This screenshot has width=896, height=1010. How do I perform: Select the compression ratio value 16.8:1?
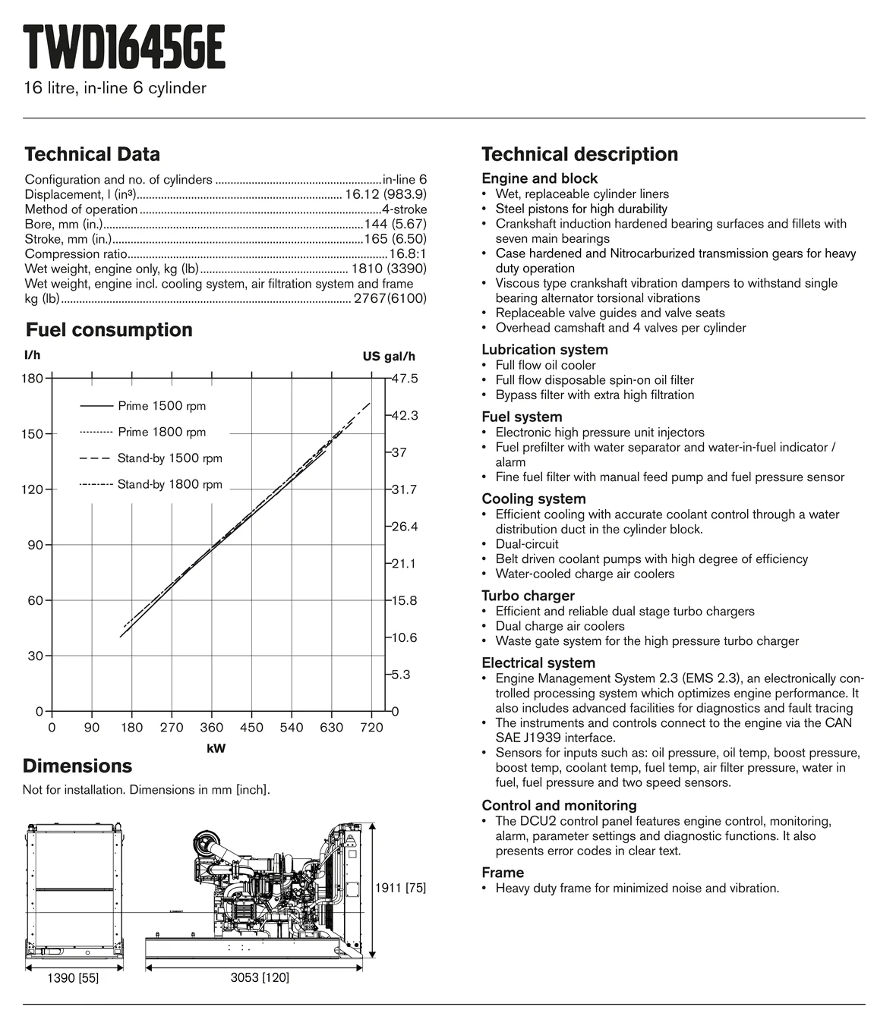point(408,254)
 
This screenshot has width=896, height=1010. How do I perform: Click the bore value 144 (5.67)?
point(396,224)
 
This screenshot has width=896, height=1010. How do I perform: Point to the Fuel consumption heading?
point(109,330)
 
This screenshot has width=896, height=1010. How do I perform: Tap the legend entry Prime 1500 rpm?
point(162,406)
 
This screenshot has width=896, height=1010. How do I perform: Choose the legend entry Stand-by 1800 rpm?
point(169,485)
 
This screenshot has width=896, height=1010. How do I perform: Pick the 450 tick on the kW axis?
point(251,728)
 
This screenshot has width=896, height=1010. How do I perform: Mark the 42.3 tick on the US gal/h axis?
point(405,416)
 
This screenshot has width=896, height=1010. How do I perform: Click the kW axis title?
point(216,749)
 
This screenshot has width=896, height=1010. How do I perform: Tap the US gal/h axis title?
point(389,357)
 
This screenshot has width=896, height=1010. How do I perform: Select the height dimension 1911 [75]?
point(401,888)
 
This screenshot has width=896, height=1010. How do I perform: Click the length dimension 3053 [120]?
point(260,978)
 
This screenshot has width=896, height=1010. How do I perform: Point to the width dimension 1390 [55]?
point(73,979)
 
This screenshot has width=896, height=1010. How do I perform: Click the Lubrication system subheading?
point(544,350)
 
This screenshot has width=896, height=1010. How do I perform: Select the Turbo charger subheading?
point(528,596)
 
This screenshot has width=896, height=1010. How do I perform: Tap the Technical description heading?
point(579,155)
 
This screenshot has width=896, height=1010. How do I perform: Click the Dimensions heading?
point(77,766)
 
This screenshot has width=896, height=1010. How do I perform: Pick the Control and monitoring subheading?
point(559,805)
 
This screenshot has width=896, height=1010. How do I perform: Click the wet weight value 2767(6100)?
point(390,299)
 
